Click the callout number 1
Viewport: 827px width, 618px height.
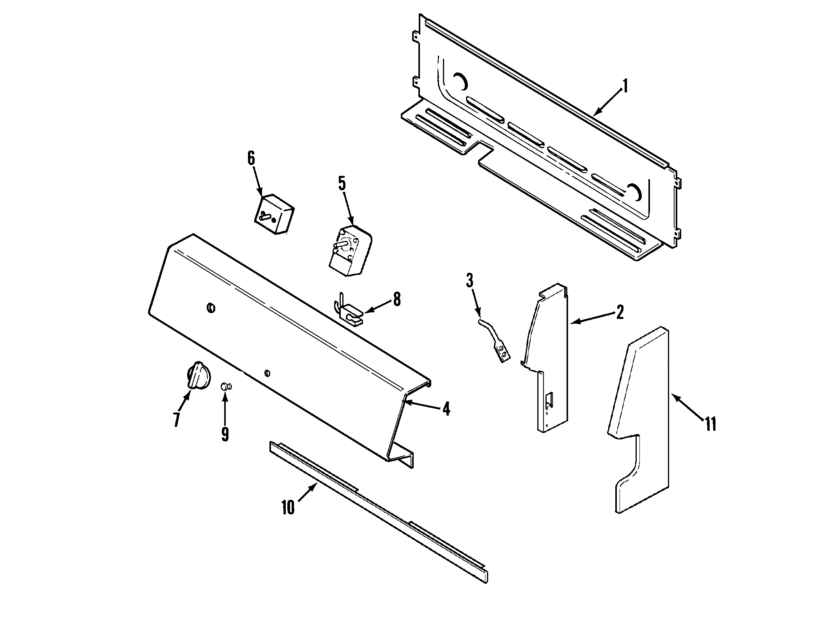point(625,86)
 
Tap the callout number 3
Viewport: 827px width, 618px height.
point(469,280)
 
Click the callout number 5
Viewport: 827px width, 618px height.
point(342,183)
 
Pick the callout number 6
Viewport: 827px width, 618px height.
point(251,158)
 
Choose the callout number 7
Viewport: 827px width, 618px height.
point(177,420)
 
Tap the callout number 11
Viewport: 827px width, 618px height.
point(710,423)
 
